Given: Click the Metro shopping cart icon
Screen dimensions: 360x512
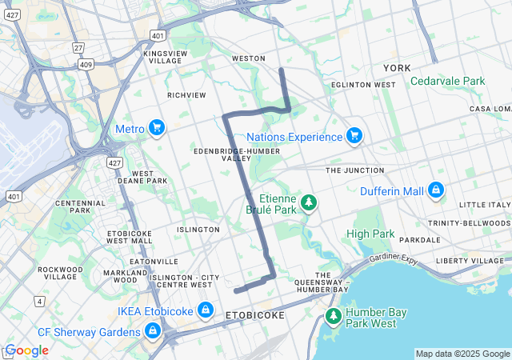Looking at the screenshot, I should (157, 128).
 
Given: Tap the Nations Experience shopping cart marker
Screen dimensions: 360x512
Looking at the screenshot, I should (354, 136).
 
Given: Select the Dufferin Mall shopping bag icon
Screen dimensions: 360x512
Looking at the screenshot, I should (436, 190).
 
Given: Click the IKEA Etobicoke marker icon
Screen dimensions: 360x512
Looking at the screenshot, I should (206, 309).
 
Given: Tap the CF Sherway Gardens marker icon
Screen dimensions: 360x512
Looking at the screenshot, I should (152, 330).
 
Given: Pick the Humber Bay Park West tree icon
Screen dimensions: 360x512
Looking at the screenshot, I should (333, 317).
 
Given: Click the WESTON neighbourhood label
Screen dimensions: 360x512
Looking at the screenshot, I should (248, 58).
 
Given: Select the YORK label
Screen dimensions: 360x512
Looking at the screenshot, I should (397, 69).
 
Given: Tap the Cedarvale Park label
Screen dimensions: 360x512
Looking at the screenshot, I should (448, 81).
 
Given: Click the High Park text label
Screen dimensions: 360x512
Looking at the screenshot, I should (370, 234).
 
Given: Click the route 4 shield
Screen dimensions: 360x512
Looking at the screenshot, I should (39, 301).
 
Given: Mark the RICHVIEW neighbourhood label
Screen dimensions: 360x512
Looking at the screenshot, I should (186, 94).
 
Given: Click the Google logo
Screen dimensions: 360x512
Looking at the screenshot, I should (26, 350).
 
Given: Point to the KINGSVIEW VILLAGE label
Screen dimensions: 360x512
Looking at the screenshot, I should (163, 57).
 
